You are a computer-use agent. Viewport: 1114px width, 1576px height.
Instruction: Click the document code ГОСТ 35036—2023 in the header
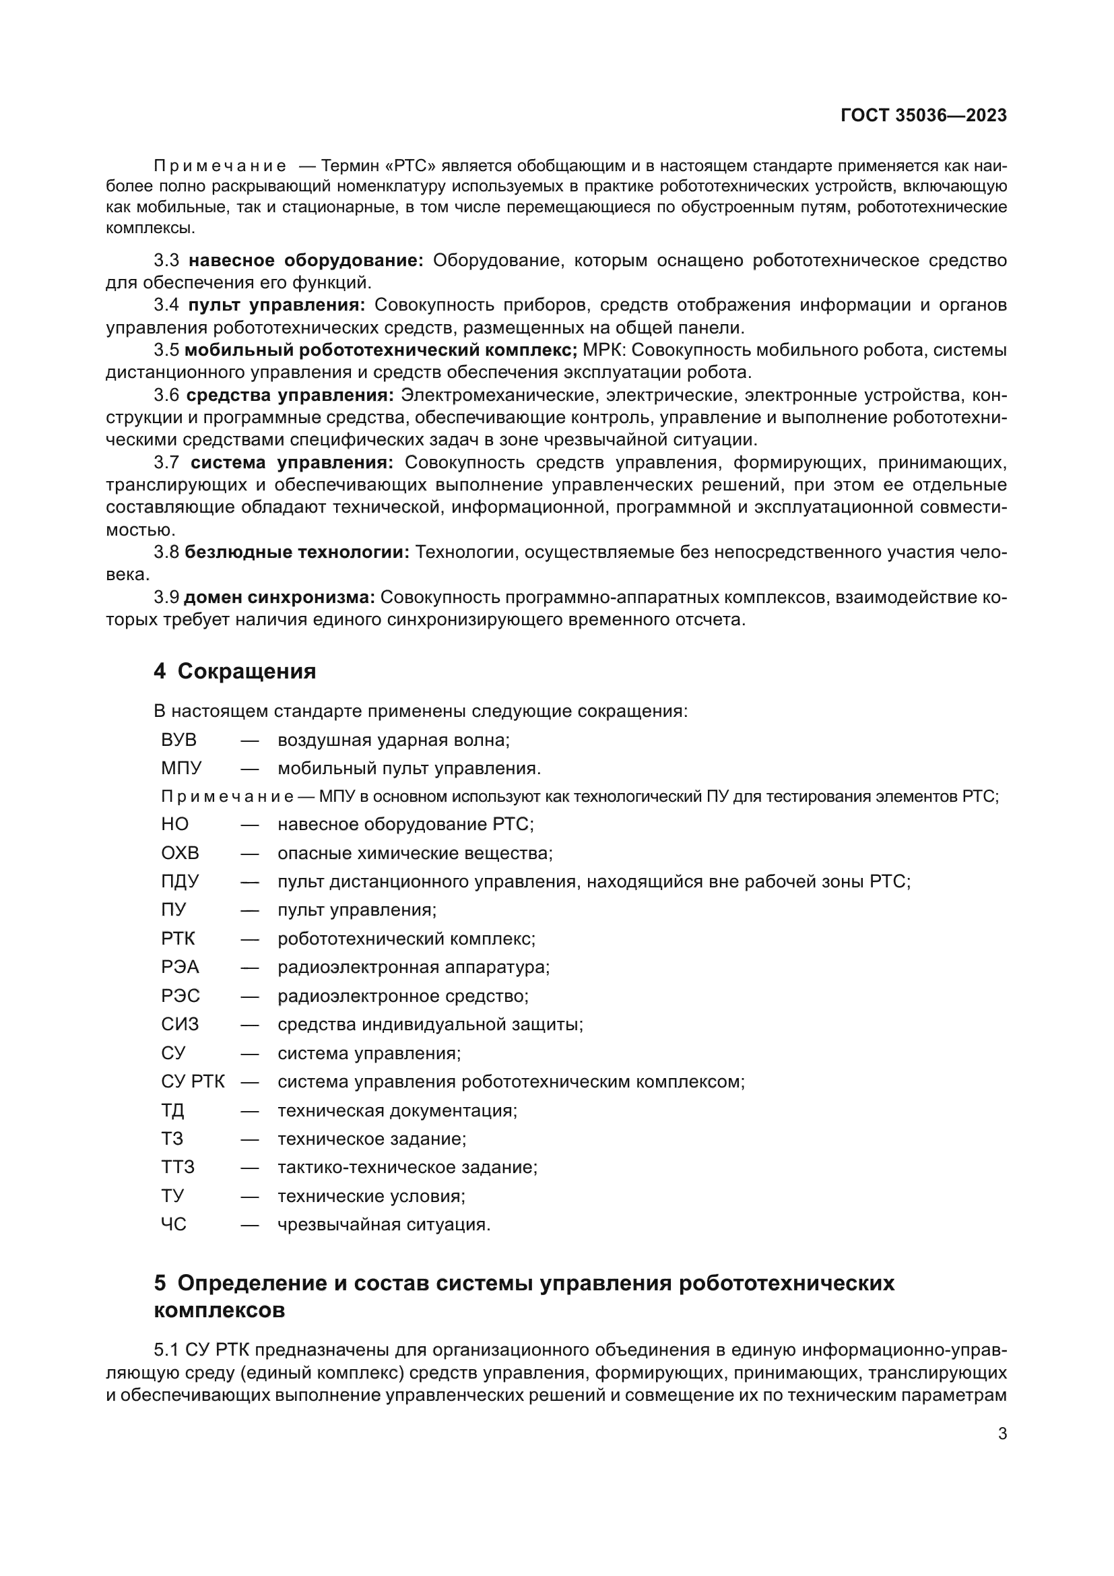point(923,115)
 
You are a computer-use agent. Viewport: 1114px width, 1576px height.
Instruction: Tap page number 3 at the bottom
point(1002,1433)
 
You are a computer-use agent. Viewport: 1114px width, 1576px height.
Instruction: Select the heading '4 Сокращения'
point(234,671)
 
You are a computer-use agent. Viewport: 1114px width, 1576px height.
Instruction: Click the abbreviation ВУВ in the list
point(178,740)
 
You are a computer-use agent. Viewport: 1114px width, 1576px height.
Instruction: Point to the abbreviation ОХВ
point(180,853)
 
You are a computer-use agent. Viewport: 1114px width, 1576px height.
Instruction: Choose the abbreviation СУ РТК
point(193,1082)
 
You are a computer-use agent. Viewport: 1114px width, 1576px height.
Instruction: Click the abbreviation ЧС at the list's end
point(174,1224)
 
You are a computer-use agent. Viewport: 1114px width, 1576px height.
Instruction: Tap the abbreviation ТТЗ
point(178,1168)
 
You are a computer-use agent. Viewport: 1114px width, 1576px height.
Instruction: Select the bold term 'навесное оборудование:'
point(306,261)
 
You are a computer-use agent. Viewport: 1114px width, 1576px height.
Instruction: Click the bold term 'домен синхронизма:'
point(280,598)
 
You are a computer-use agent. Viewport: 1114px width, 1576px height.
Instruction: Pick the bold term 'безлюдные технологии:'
point(297,553)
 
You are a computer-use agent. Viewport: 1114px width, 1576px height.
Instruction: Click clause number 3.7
point(166,464)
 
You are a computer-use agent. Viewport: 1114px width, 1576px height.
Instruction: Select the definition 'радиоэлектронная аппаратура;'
point(414,967)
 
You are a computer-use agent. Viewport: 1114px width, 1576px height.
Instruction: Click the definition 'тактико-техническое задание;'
point(407,1168)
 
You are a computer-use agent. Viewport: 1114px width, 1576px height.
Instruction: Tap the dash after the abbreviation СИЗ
point(250,1025)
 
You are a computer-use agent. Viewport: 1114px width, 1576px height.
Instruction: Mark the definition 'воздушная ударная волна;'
point(394,740)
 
